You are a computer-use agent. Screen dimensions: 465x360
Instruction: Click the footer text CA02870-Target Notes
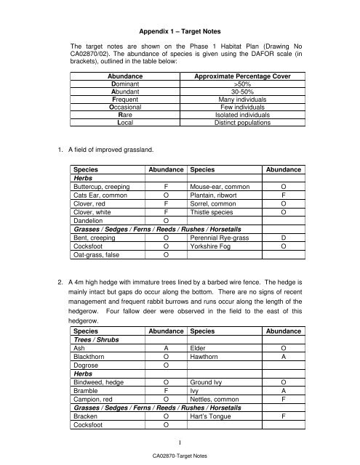[180, 455]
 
